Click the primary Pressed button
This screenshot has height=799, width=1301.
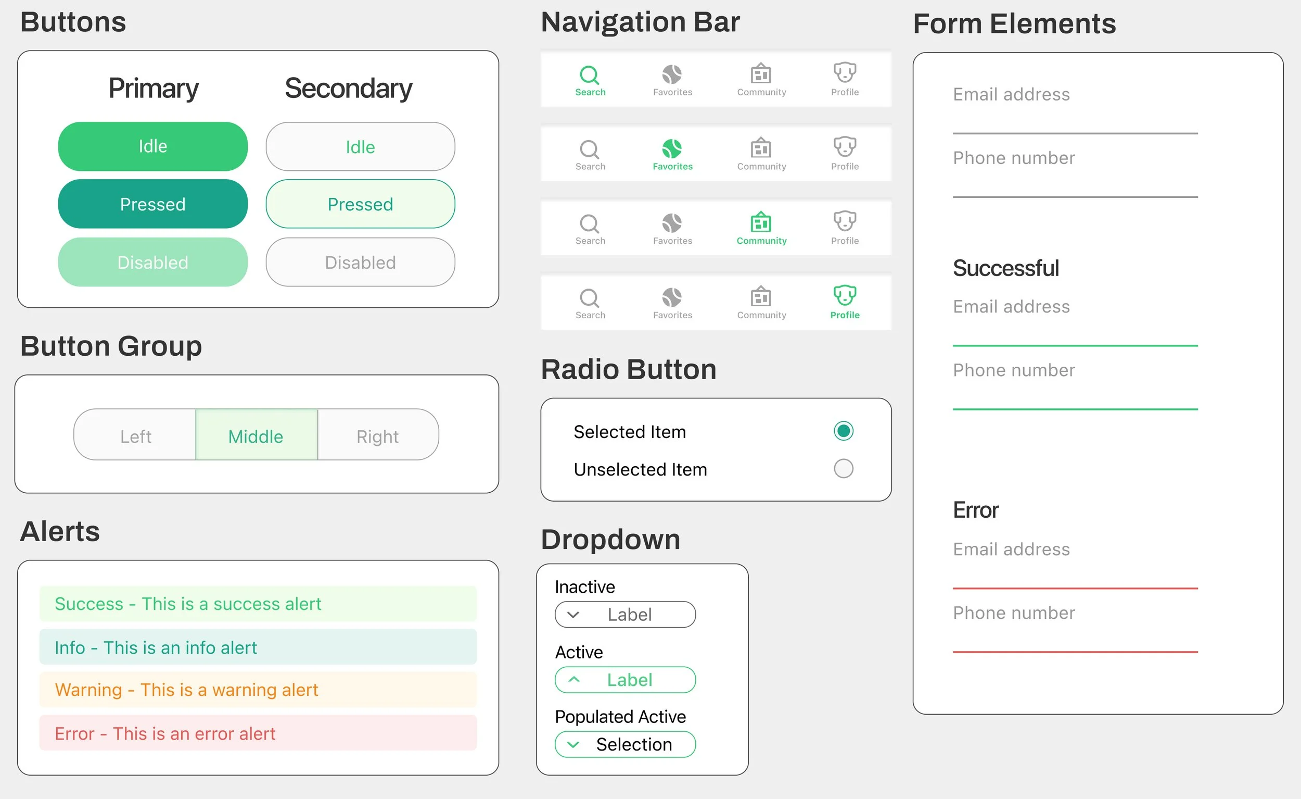[x=152, y=204]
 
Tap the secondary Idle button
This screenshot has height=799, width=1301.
[x=360, y=147]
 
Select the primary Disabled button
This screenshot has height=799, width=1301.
[x=152, y=262]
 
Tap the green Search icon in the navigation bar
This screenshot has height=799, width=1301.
[x=589, y=75]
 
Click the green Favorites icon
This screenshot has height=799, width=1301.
[x=672, y=149]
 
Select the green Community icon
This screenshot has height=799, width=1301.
[x=761, y=222]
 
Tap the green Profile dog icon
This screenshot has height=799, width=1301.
[x=845, y=295]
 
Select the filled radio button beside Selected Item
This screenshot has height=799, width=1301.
[x=843, y=431]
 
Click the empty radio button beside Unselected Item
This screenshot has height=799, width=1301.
[x=843, y=469]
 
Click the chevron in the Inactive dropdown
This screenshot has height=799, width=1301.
[x=573, y=615]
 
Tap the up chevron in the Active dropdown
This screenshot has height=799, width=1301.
[x=574, y=680]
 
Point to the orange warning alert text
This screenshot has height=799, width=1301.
[x=186, y=690]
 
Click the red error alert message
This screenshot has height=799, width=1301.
[x=165, y=733]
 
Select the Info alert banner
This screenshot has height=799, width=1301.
[x=258, y=647]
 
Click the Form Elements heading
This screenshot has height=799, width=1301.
[x=1014, y=24]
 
